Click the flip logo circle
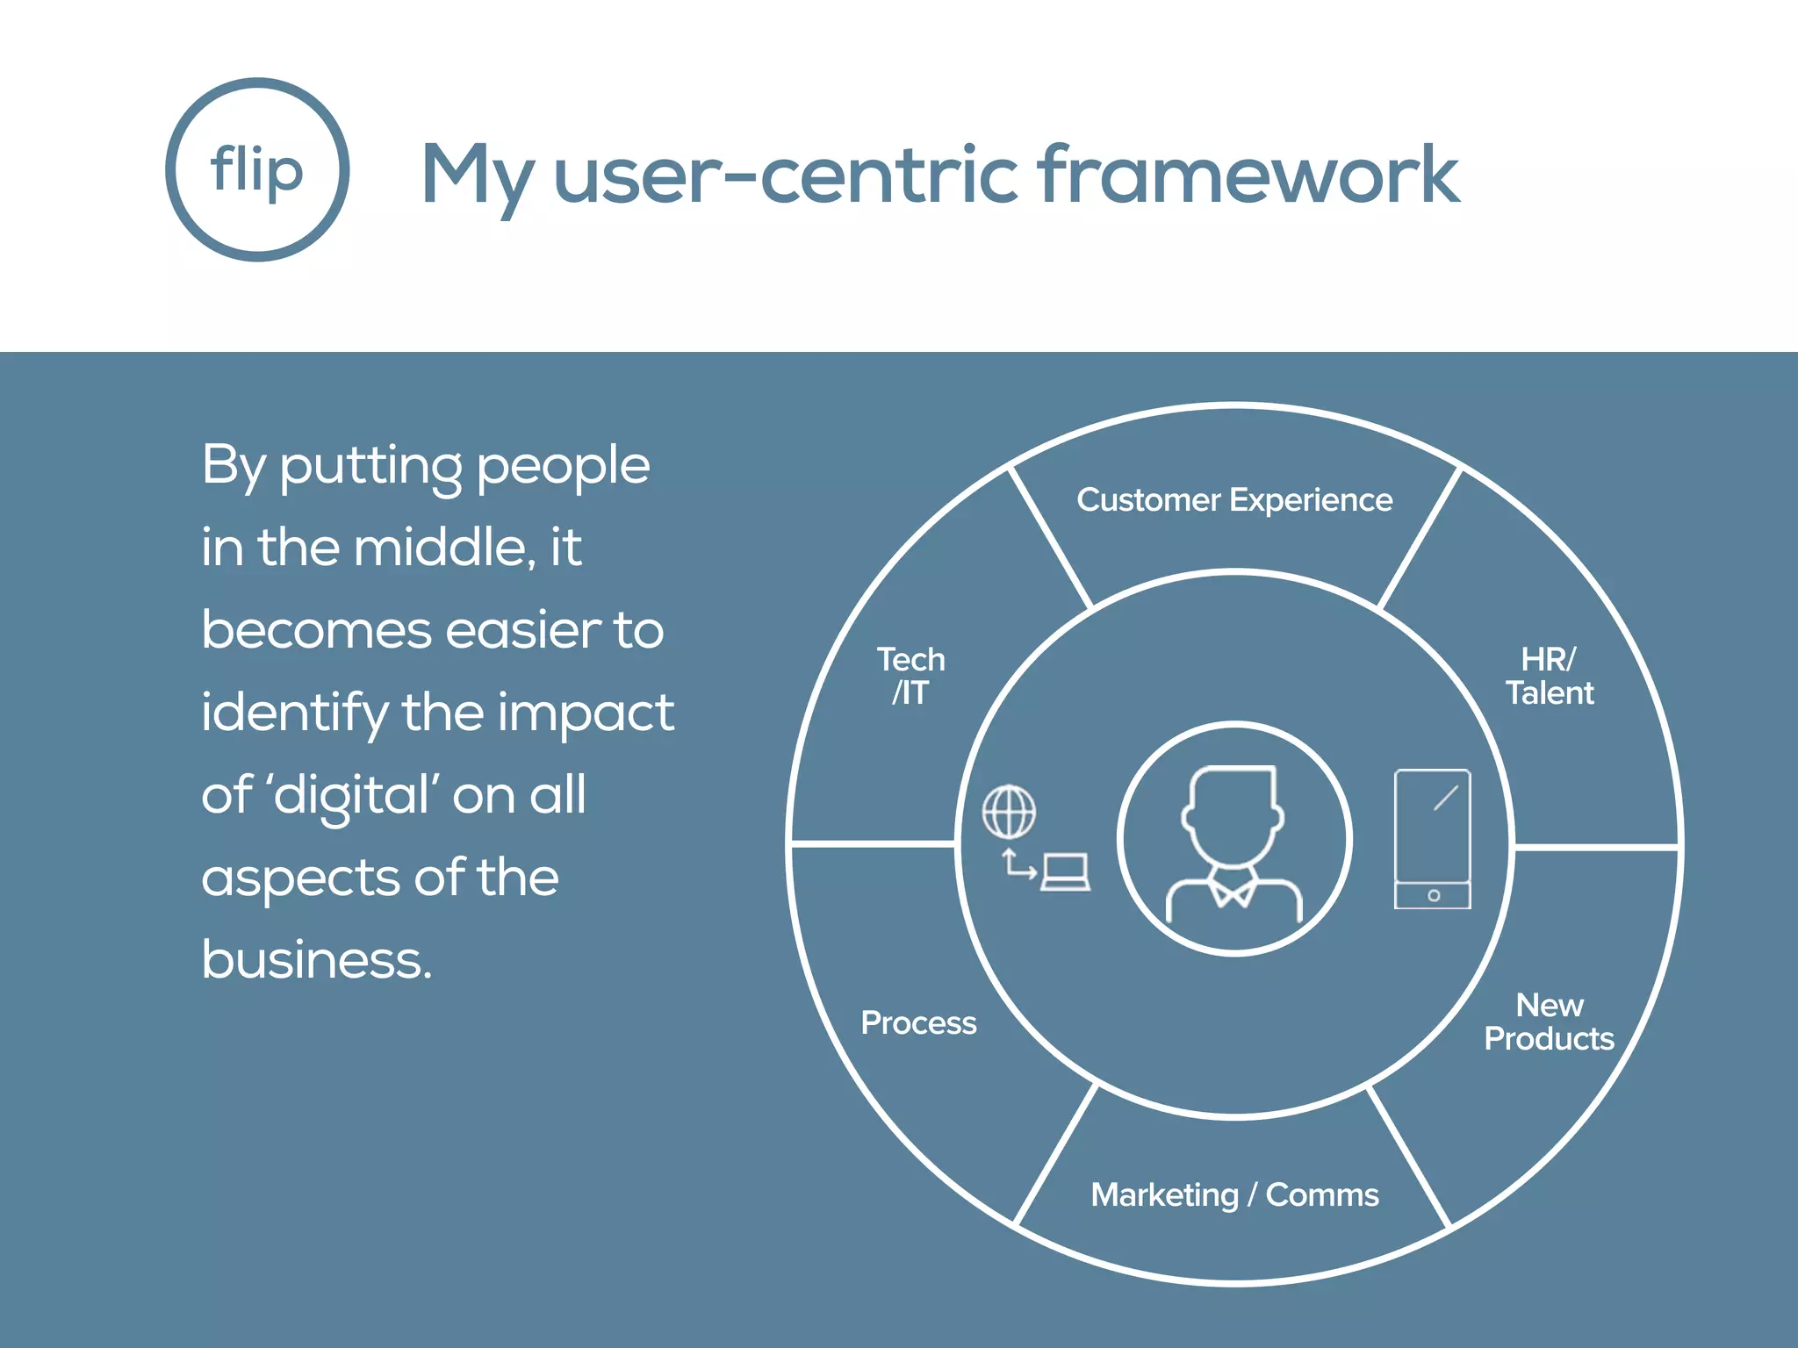[x=257, y=169]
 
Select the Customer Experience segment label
[x=1234, y=500]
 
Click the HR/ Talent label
[x=1550, y=676]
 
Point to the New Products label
[x=1550, y=1022]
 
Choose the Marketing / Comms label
[x=1234, y=1195]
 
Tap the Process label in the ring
[x=918, y=1023]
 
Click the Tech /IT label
[x=911, y=676]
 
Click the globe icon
[x=1009, y=812]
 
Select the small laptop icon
[x=1066, y=872]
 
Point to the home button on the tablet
[x=1434, y=896]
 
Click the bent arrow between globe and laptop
[x=1018, y=865]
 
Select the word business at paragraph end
[x=317, y=959]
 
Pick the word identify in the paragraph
[x=294, y=713]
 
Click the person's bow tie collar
[x=1234, y=892]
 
